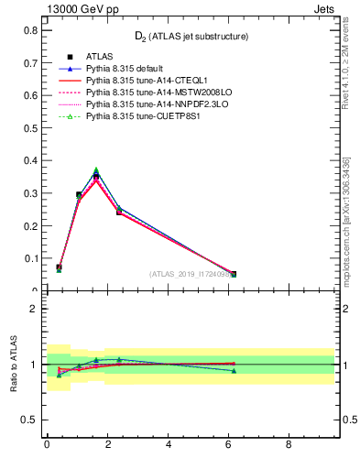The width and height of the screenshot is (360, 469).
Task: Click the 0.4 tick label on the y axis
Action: [30, 160]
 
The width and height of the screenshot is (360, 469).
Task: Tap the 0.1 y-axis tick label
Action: [30, 258]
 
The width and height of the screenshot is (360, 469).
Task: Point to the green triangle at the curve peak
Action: [96, 170]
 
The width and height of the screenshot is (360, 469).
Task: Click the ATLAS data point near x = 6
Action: [234, 274]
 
